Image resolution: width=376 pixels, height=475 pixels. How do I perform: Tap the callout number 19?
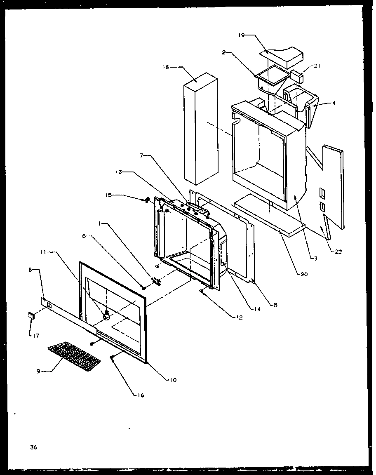click(x=241, y=35)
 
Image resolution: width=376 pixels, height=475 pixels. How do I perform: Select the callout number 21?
click(x=316, y=66)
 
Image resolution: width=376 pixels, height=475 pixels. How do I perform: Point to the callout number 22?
click(x=338, y=252)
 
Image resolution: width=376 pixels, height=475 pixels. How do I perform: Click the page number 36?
click(x=33, y=447)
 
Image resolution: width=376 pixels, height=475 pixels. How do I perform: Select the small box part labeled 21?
click(x=297, y=76)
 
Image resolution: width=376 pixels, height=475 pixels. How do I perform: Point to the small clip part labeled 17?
click(x=31, y=316)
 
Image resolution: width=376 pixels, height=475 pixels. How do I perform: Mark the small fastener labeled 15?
click(x=146, y=200)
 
